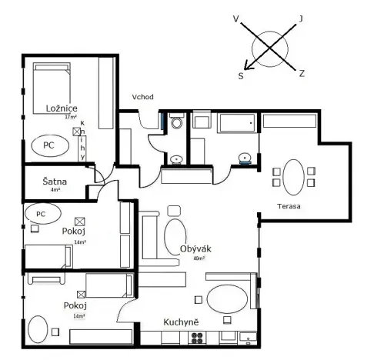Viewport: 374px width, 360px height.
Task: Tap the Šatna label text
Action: click(55, 182)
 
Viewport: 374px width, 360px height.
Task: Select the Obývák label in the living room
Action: click(195, 248)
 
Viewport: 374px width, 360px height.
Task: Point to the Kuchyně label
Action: click(182, 322)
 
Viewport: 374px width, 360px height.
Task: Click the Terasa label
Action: click(289, 206)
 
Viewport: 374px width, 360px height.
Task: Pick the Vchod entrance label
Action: click(143, 98)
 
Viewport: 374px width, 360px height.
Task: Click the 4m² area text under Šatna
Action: click(55, 190)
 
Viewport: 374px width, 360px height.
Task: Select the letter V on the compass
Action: click(236, 15)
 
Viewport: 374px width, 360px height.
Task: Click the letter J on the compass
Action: click(301, 17)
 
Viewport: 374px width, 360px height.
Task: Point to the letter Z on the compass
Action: click(302, 74)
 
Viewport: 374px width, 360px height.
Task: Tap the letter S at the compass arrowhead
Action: click(241, 76)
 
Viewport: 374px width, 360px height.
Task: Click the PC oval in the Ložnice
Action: click(48, 145)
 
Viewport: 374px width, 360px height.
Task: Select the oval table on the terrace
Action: click(293, 175)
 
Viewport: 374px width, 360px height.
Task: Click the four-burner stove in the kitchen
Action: click(198, 337)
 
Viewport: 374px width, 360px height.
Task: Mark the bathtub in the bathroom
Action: click(236, 122)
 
